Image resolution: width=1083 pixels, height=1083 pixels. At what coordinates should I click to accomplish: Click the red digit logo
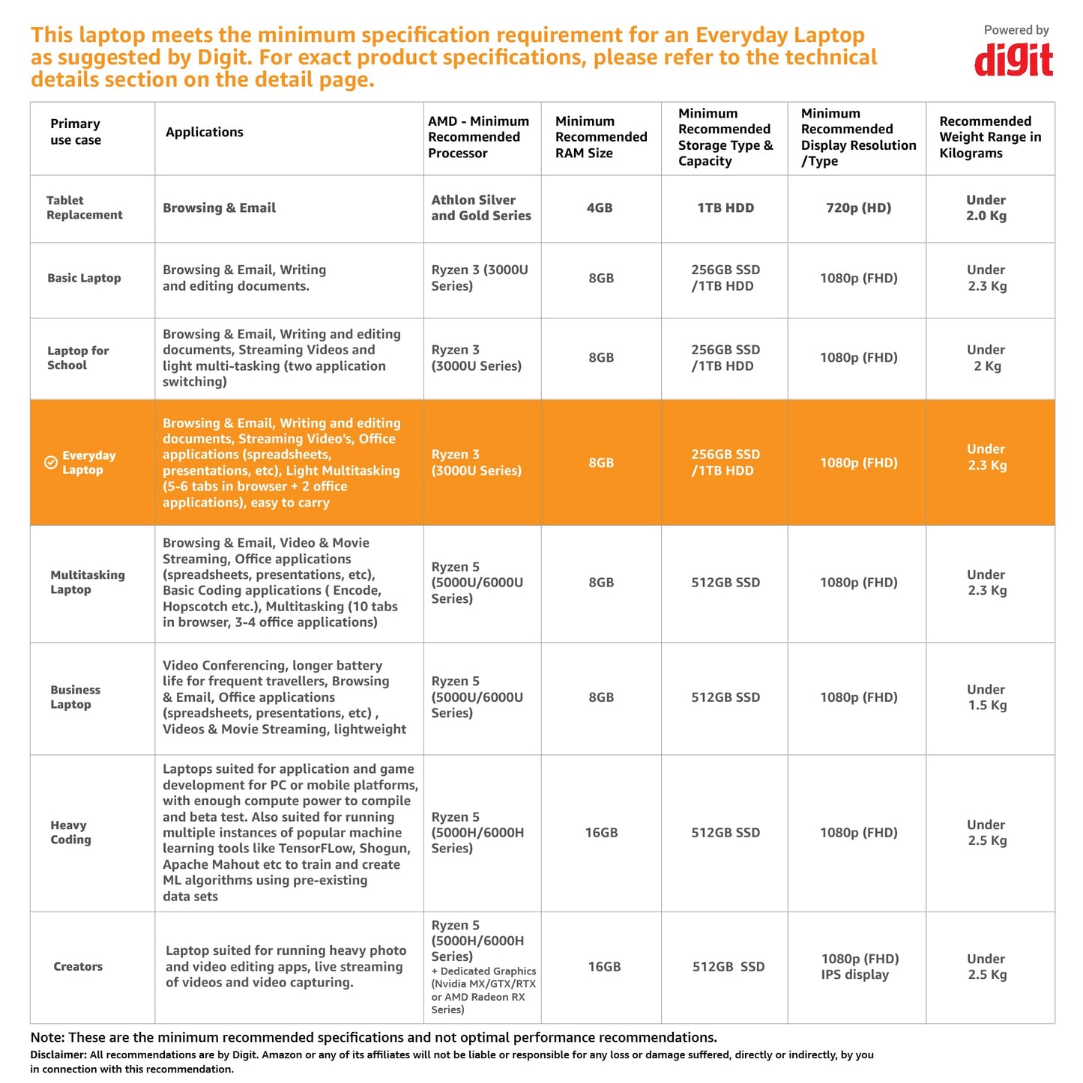pos(1013,60)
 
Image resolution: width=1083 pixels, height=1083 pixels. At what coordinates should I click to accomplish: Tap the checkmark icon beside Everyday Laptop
pos(51,463)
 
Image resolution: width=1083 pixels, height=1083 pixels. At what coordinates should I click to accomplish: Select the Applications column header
pos(205,133)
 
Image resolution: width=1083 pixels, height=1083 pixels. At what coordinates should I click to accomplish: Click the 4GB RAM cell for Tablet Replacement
pos(600,208)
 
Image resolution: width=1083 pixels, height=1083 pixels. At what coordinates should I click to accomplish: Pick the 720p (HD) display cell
pos(858,208)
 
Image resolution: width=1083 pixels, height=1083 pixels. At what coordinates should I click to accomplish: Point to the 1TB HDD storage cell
pos(725,208)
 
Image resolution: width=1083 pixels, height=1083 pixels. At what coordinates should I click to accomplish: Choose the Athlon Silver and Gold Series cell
pos(480,208)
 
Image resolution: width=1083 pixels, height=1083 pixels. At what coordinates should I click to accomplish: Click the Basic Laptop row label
pos(84,278)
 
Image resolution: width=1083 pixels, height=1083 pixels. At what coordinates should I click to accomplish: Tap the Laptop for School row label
pos(78,358)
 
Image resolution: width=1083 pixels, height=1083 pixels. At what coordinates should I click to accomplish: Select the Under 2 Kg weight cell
pos(986,358)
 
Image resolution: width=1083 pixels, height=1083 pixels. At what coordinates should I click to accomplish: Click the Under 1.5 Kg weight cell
pos(986,697)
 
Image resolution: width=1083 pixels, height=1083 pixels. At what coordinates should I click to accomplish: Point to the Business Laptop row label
pos(75,697)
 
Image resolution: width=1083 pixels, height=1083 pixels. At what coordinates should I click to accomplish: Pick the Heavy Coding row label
pos(70,832)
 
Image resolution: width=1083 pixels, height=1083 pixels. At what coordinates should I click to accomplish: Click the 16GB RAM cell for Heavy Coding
pos(601,833)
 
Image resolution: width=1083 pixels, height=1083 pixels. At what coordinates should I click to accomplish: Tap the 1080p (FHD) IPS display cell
pos(859,967)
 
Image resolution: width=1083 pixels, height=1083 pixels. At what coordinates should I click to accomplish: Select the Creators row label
pos(78,967)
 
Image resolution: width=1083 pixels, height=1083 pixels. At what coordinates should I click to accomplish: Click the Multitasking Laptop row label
pos(87,583)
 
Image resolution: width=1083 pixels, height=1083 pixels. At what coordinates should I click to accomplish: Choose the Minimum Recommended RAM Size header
pos(600,137)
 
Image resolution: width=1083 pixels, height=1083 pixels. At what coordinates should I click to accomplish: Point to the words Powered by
pos(1016,30)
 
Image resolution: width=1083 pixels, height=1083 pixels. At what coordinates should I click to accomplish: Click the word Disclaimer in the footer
pos(58,1055)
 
